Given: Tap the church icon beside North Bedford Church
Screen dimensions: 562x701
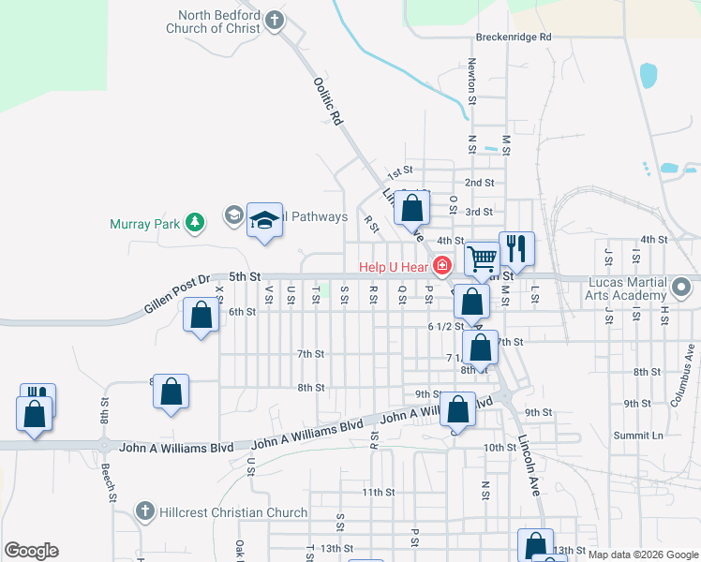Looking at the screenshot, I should click(274, 21).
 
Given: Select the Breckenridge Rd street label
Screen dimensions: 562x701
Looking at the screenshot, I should click(514, 37).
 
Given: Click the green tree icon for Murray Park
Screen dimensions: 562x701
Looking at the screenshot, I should click(194, 223).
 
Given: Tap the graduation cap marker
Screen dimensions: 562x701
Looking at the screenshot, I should click(264, 220).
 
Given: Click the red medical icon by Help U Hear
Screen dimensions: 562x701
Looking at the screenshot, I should click(442, 266).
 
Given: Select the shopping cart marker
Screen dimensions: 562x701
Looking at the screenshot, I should click(482, 257).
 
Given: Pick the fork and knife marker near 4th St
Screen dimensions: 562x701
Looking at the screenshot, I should click(515, 247).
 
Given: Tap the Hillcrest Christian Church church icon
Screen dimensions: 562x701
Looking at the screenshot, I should click(143, 511).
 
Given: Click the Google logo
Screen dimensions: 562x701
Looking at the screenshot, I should click(31, 551).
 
